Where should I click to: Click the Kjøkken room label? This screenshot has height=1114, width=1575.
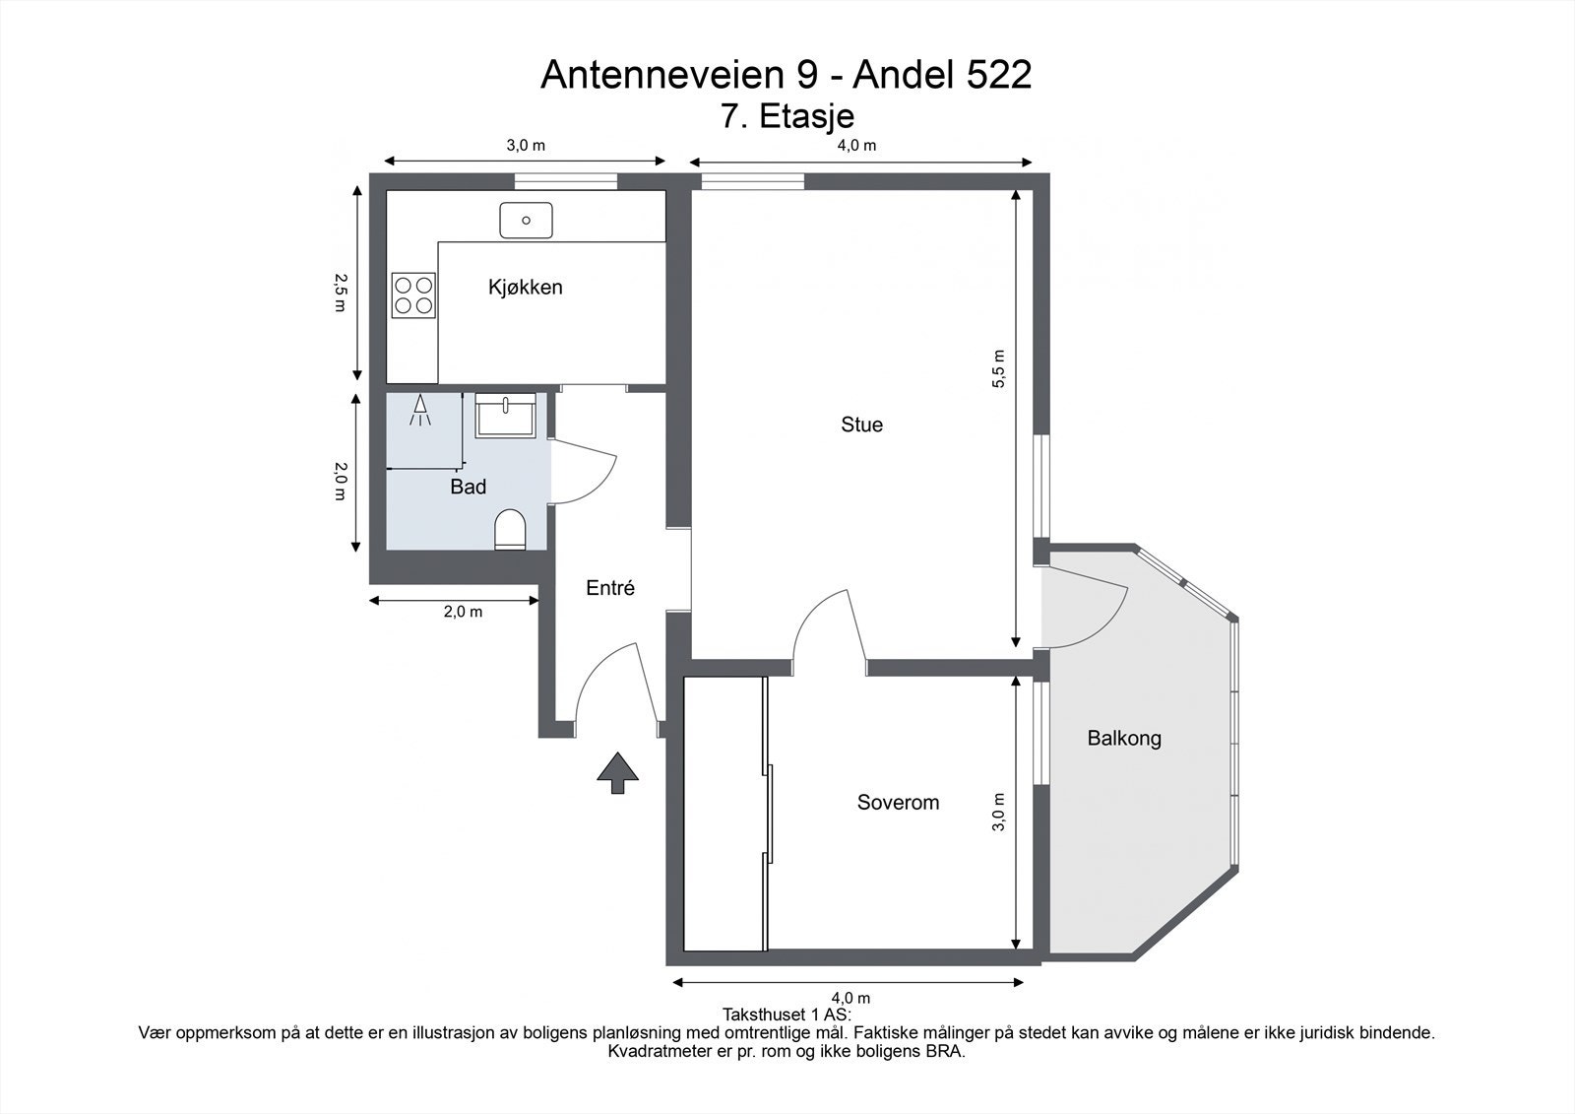[526, 288]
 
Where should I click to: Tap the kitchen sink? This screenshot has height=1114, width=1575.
[526, 220]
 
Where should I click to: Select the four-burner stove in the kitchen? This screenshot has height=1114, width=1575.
[413, 295]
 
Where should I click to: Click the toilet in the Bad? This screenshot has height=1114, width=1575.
[510, 530]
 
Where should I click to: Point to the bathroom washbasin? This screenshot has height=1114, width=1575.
[505, 415]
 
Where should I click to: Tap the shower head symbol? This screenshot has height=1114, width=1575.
[421, 410]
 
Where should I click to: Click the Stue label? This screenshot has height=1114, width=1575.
[861, 425]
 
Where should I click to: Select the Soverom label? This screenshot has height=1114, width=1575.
[898, 803]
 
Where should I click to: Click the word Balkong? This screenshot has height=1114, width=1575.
[1124, 738]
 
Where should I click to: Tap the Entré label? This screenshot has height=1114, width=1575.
[610, 588]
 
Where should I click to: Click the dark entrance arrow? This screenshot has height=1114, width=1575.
[617, 771]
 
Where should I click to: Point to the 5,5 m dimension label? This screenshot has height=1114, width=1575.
[999, 368]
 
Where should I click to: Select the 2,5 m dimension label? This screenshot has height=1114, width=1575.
[340, 293]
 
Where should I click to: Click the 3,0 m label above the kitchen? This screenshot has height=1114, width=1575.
[526, 146]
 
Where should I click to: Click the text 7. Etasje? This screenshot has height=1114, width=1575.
[787, 116]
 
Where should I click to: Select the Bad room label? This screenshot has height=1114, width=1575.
[468, 487]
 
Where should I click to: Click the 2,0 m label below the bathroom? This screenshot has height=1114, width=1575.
[463, 612]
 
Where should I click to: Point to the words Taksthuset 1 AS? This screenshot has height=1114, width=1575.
[787, 1014]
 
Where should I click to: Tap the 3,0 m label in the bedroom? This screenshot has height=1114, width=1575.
[999, 812]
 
